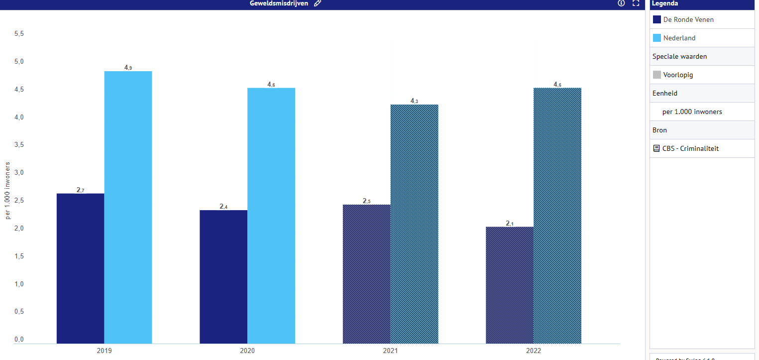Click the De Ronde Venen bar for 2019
[x=80, y=268]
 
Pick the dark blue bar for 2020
[x=223, y=277]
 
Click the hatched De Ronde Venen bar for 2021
[x=366, y=274]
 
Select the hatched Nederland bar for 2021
[x=414, y=224]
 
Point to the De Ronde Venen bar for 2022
[x=509, y=285]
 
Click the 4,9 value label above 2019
[x=128, y=67]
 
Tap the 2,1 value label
[x=510, y=223]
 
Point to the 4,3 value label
[x=414, y=101]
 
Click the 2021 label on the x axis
[x=390, y=351]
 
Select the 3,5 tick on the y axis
[x=19, y=145]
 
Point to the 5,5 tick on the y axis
[x=19, y=34]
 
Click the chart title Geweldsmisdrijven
[x=279, y=3]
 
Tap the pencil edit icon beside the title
[x=318, y=3]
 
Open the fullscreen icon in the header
[x=636, y=3]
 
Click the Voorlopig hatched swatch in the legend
[x=657, y=75]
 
